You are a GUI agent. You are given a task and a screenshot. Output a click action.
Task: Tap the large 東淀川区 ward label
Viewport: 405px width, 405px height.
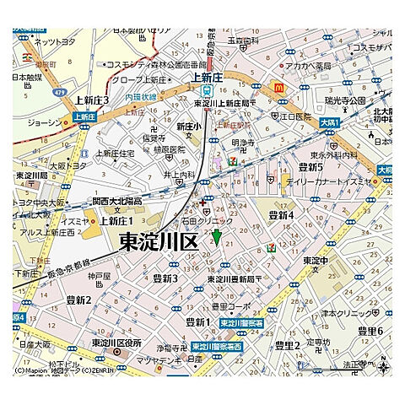pos(158,243)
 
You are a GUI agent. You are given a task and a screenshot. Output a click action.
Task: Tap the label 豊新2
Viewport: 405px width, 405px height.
pos(75,299)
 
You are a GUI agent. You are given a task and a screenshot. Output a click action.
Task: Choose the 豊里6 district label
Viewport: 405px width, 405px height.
pos(369,330)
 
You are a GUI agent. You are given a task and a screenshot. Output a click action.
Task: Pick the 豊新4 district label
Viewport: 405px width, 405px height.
pos(280,217)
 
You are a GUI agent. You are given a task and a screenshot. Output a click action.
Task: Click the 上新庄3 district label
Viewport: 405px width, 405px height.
pos(91,100)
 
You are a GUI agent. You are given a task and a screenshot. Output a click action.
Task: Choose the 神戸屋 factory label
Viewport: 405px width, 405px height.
pos(100,276)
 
